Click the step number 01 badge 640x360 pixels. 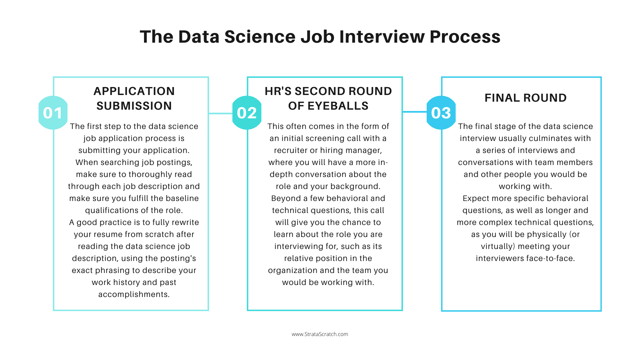53,113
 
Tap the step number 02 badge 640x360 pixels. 247,113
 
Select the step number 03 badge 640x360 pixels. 441,113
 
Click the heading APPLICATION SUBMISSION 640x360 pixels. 134,98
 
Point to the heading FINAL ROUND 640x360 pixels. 525,98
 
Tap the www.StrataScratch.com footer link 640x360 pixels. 320,334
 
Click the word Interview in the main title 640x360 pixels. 382,36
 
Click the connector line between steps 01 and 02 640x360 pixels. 220,113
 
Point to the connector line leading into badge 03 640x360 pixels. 414,112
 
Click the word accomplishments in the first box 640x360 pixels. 134,294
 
